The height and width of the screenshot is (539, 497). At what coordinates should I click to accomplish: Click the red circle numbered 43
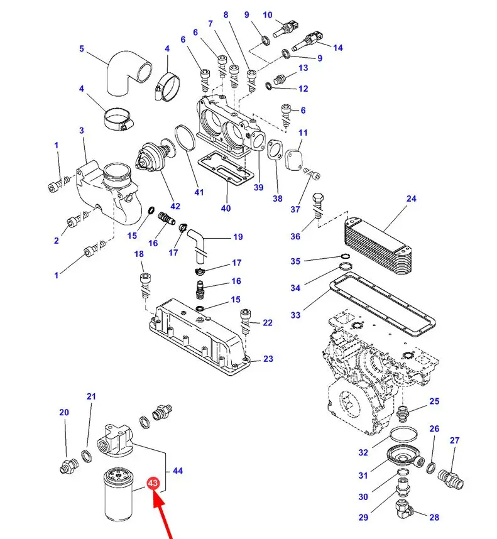coord(153,484)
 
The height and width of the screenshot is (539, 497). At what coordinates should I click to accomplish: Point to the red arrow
coord(163,518)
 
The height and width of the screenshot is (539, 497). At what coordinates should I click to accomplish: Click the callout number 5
coord(82,49)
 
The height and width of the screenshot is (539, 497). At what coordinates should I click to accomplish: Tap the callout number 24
coord(411,200)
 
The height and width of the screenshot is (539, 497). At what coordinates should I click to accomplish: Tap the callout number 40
coord(226,209)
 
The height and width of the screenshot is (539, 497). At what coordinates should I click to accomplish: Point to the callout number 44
coord(178,471)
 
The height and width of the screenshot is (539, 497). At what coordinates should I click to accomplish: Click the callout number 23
coord(268,359)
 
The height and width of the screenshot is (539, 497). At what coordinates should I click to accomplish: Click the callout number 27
coord(454,441)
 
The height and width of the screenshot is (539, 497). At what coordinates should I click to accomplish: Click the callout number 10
coord(268,15)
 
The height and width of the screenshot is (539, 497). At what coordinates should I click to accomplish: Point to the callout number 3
coord(82,130)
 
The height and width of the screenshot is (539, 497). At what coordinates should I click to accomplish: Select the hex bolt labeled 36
coord(318,202)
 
